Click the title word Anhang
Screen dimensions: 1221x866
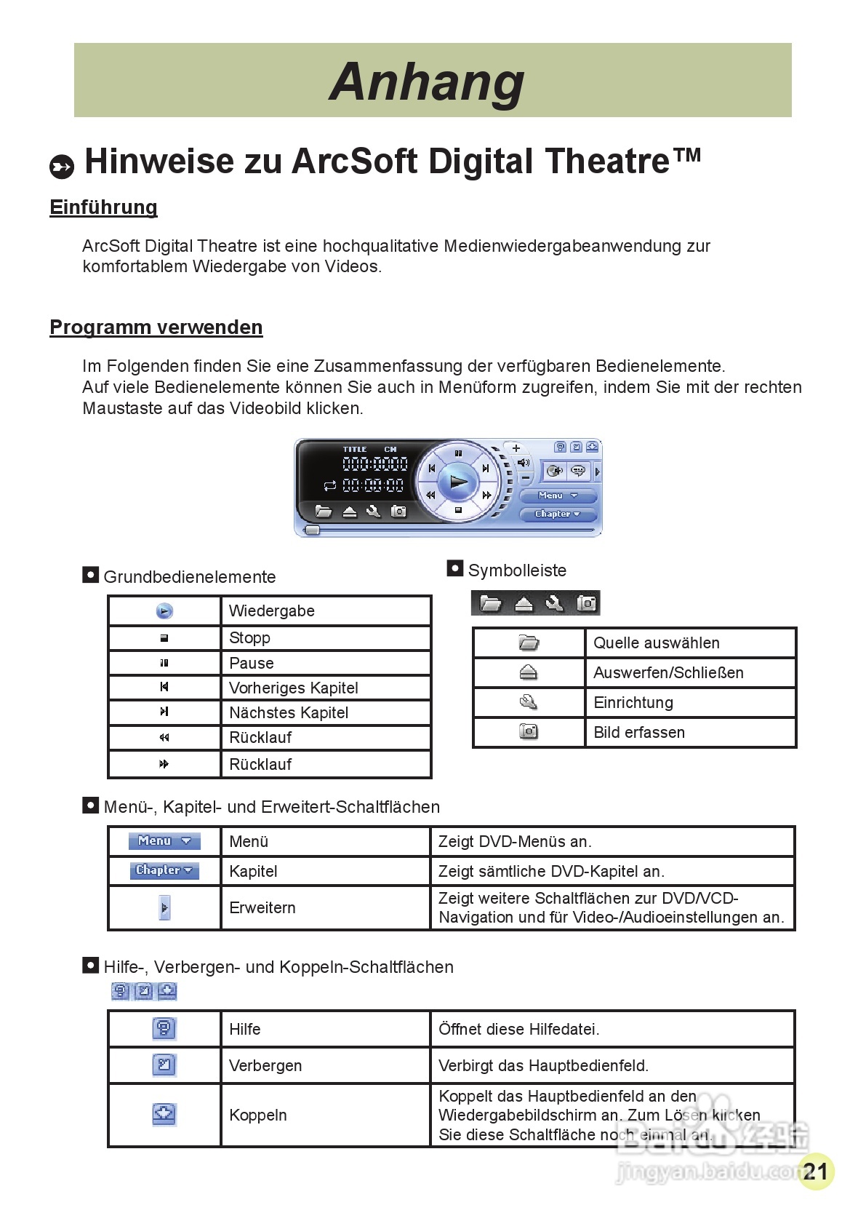tap(427, 81)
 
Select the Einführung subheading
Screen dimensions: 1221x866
tap(103, 207)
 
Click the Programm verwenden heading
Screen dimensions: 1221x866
tap(156, 327)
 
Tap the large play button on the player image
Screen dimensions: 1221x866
tap(458, 481)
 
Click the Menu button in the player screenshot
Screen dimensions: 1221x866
tap(558, 496)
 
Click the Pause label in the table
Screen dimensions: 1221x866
tap(252, 664)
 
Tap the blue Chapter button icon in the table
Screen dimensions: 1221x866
tap(164, 870)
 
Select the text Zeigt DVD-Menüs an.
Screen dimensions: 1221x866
tap(515, 842)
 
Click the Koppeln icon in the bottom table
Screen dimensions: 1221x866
tap(164, 1114)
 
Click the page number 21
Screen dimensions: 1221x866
tap(816, 1172)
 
